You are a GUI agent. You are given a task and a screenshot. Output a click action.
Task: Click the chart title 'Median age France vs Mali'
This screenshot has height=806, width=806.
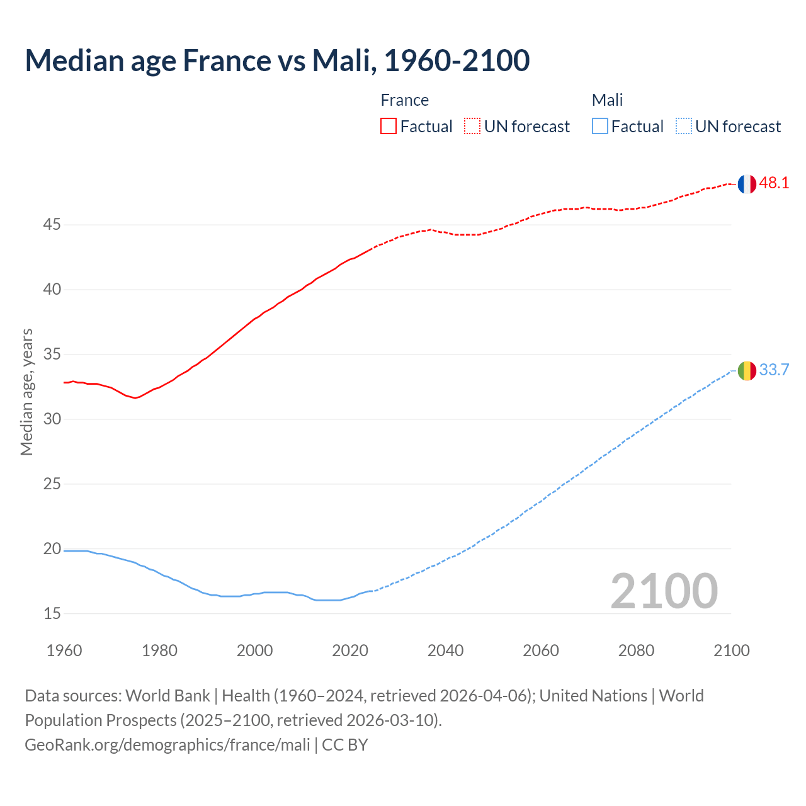(277, 60)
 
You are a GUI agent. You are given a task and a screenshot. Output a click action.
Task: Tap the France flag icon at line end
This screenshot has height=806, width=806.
(747, 184)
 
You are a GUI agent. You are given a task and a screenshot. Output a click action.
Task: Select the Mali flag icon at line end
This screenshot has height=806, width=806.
(747, 371)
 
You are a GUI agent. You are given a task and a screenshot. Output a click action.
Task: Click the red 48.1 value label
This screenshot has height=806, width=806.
(774, 183)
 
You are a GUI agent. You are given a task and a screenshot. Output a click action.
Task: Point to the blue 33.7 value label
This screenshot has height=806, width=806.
(774, 370)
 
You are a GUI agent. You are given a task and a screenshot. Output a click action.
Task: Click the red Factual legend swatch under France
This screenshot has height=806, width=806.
(389, 127)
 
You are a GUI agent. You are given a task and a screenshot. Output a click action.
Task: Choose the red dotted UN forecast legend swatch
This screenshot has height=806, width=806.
(472, 127)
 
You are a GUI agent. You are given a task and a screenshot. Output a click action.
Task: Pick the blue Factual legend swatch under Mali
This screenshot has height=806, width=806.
(600, 127)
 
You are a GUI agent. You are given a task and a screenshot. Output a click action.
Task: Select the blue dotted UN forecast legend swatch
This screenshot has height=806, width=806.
(684, 127)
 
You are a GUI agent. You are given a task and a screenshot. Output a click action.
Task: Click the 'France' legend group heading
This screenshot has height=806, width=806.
(404, 100)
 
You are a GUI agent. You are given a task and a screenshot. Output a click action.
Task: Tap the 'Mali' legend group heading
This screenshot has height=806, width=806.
(607, 100)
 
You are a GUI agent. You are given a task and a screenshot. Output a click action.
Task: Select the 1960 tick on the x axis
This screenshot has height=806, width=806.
(64, 650)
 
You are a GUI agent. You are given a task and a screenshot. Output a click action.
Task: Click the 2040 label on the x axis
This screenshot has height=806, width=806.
(445, 650)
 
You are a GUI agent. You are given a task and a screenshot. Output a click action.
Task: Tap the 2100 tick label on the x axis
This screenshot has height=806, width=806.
(731, 650)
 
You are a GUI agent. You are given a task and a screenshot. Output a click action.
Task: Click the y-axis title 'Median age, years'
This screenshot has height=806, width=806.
(26, 392)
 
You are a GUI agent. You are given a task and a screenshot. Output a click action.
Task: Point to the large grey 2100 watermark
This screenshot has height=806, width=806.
(664, 591)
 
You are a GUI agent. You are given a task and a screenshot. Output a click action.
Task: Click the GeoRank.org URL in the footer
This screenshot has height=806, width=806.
(167, 745)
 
